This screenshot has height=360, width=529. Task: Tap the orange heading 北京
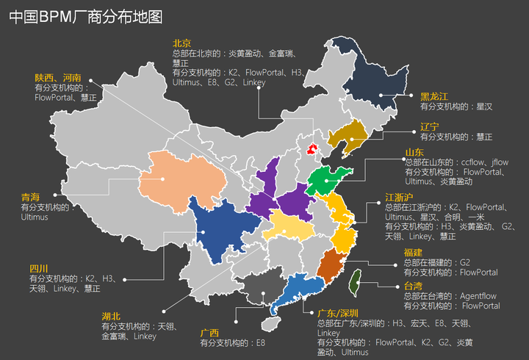tap(181, 43)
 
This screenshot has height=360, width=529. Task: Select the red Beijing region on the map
tap(312, 149)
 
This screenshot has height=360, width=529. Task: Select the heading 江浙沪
tap(399, 198)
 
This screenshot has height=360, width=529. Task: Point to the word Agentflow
tap(478, 296)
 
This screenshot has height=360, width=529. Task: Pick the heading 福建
tap(413, 252)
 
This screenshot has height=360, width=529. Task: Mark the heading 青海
tap(30, 198)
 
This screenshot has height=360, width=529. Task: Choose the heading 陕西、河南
tap(57, 77)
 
